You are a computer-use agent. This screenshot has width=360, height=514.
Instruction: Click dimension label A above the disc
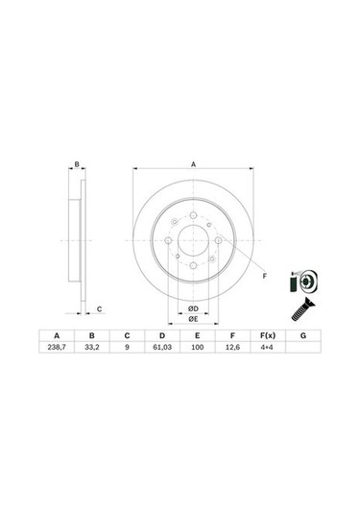click(x=194, y=165)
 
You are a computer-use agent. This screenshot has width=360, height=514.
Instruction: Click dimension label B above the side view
click(x=77, y=165)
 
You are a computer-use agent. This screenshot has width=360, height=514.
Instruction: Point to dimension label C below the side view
click(x=100, y=308)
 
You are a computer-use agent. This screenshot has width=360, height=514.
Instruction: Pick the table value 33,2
click(x=92, y=348)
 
